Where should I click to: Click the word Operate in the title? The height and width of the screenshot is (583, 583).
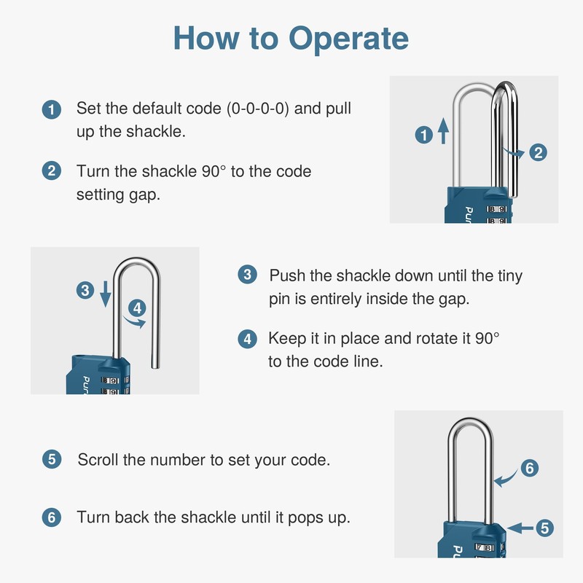pos(348,39)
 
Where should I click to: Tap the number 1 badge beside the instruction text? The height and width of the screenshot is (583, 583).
pos(51,110)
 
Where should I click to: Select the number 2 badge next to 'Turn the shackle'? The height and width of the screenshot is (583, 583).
pos(51,171)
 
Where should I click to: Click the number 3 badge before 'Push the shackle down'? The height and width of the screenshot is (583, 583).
pos(247,275)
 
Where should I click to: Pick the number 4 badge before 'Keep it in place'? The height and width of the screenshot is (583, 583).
pos(247,339)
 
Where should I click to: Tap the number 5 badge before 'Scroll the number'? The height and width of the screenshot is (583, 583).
pos(52,459)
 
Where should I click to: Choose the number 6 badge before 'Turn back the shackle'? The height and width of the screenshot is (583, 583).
pos(52,517)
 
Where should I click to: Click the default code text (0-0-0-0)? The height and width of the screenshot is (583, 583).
pos(258,109)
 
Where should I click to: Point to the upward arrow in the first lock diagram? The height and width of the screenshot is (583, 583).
pos(443,130)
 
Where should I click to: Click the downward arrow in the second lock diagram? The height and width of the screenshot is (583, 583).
pos(106,294)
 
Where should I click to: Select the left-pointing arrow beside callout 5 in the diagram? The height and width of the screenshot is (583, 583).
pos(520,528)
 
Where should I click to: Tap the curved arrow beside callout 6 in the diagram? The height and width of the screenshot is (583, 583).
pos(506,479)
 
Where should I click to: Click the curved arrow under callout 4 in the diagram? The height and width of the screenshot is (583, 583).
pos(134,322)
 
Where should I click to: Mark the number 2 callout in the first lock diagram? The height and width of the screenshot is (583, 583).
pos(538,152)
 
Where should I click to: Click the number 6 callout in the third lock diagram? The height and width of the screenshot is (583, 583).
pos(530,468)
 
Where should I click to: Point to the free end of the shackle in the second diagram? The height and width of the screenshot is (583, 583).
pos(156,367)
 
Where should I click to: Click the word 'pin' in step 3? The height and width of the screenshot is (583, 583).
pos(279,300)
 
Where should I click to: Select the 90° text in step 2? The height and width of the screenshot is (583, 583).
pos(214,171)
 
